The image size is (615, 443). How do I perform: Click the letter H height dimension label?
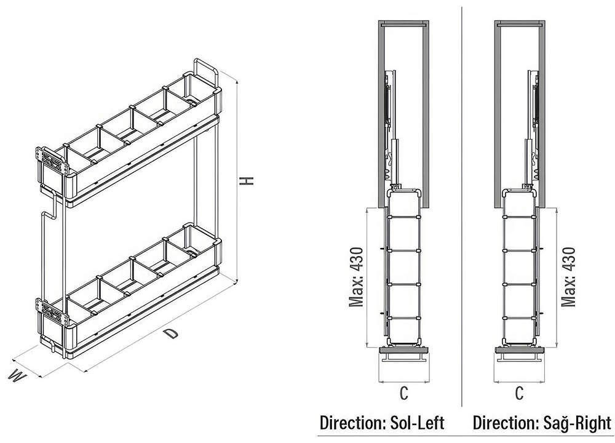pos(247,180)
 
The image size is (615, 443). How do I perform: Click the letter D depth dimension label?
pos(171,334)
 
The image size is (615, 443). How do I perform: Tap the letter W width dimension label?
pos(18,375)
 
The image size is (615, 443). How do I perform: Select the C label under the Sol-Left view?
pos(403,393)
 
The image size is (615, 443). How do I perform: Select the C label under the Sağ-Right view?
pos(519,393)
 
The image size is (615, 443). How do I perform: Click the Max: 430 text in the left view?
pos(357,277)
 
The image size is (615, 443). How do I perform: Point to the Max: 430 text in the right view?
pos(568,277)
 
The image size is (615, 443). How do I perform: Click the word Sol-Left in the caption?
pos(418,423)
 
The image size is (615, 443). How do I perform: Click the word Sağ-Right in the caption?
pos(577,423)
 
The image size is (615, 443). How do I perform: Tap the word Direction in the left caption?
pos(353,423)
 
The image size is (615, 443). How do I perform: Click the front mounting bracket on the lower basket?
pos(50,311)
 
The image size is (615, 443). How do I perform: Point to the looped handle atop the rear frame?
pos(205,72)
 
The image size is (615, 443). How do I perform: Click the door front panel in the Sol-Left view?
pos(404,349)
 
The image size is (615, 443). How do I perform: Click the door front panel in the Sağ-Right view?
pos(519,349)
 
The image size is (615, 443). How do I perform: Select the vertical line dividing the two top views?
pos(462,206)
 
